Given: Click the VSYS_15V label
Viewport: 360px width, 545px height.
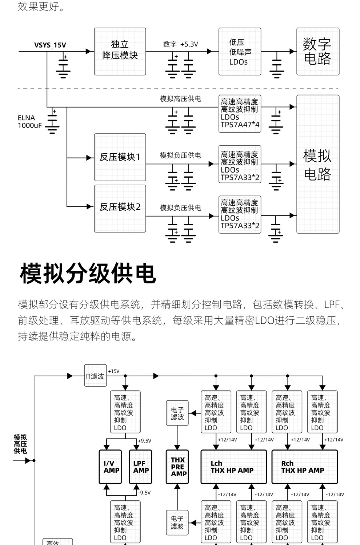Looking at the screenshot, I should (x=50, y=45).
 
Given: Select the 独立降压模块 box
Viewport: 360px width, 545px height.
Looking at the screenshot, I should (x=120, y=52).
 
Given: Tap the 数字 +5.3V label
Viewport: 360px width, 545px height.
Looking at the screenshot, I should (x=180, y=44).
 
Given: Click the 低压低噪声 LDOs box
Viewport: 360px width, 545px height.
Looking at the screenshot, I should (x=240, y=52).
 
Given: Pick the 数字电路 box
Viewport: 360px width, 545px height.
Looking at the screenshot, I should (x=317, y=52).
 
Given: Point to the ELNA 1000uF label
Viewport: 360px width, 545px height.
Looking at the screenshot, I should (x=30, y=122).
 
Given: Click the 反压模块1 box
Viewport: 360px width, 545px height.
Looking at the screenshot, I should (x=120, y=157).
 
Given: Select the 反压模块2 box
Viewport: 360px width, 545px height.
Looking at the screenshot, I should (x=120, y=207).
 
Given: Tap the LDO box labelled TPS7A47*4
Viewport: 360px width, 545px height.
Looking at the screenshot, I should (x=240, y=113).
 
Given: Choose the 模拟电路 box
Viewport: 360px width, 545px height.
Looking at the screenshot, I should (x=317, y=164).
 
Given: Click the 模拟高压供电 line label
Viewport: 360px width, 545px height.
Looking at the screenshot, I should (x=180, y=99).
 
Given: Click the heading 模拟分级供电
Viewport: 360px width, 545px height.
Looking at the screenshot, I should (x=88, y=274).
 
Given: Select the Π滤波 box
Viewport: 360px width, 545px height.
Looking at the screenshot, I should (x=95, y=376).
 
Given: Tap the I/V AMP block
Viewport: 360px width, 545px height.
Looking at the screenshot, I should (x=111, y=467).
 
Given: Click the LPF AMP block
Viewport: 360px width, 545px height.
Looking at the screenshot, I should (x=140, y=467).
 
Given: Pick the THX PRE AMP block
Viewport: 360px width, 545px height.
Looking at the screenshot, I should (x=178, y=467).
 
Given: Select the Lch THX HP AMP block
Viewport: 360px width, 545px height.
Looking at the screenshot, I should (x=233, y=467).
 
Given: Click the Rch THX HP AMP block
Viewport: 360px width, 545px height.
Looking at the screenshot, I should (x=304, y=467).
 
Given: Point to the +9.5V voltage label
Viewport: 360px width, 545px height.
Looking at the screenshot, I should (x=144, y=441).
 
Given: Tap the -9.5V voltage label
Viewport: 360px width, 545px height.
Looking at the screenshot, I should (x=144, y=493).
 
